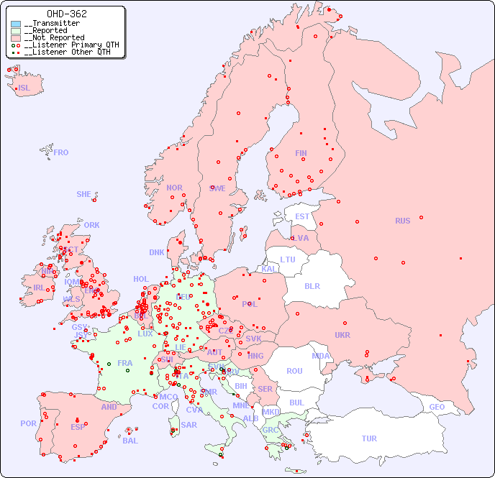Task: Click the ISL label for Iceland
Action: click(x=24, y=88)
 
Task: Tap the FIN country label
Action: click(x=301, y=153)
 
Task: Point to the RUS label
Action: click(x=402, y=221)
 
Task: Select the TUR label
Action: click(x=369, y=438)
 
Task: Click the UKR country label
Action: click(x=342, y=335)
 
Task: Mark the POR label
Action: click(x=28, y=423)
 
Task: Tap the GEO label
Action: click(x=437, y=407)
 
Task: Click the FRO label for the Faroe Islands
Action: click(x=61, y=152)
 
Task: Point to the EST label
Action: click(x=302, y=216)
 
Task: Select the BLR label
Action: click(x=312, y=285)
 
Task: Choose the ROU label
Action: click(x=294, y=371)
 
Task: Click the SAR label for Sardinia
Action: click(x=189, y=425)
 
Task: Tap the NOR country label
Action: click(x=174, y=188)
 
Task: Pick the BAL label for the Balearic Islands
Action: click(x=130, y=441)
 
